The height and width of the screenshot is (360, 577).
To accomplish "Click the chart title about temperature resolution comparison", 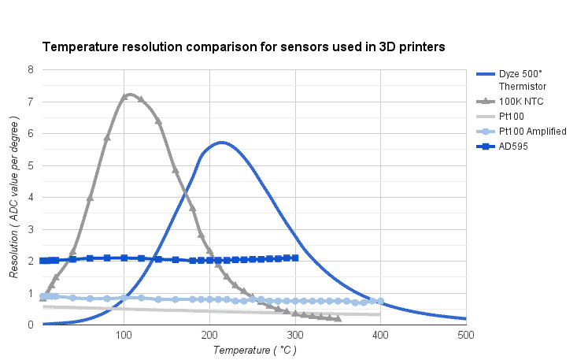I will pos(243,47).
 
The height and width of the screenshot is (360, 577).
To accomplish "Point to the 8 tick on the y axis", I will pos(31,69).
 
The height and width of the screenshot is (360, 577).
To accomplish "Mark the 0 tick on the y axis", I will pos(31,325).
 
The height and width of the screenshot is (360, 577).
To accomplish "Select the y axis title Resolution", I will pos(13,197).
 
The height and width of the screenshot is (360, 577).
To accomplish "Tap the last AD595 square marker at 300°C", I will pos(295,258).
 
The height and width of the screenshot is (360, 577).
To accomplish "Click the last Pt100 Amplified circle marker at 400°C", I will pos(381,301).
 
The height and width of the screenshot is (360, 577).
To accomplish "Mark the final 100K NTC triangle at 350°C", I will pos(338,318).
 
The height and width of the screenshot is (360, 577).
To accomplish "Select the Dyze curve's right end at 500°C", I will pos(465,318).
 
